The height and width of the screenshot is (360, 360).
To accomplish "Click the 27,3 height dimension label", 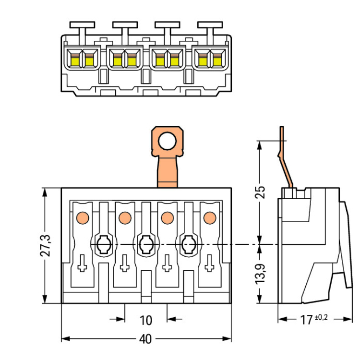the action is [x=45, y=245].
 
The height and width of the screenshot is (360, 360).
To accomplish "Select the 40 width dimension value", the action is [x=145, y=339].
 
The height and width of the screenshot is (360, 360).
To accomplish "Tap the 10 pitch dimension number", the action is [x=146, y=320].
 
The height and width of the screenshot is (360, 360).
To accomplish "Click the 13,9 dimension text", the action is [x=260, y=274].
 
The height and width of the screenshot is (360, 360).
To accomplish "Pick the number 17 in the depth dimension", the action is [x=307, y=320].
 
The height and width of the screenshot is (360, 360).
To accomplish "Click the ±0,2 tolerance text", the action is [x=322, y=317].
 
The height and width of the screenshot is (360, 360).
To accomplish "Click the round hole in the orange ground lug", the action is [x=167, y=141].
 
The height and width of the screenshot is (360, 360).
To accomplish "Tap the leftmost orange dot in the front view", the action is [x=83, y=217].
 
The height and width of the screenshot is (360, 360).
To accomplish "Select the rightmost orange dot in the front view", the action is [x=210, y=217].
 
